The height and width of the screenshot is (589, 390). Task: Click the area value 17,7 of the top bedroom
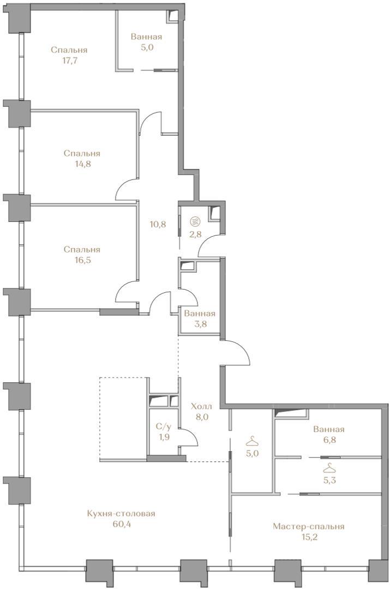70,61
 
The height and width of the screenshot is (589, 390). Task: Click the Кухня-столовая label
121,514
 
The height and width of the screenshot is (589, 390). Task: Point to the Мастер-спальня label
309,526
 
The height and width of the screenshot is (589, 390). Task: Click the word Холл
201,406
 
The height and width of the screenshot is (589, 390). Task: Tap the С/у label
164,426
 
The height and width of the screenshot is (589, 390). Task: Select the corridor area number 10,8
158,224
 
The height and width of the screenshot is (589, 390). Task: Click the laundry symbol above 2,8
195,221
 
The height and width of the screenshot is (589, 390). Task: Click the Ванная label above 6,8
329,429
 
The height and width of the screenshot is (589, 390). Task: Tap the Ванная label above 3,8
200,313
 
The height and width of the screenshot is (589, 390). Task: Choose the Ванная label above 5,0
147,37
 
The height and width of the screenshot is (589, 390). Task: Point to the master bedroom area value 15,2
309,537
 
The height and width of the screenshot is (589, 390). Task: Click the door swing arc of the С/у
193,434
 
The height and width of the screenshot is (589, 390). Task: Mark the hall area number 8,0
201,417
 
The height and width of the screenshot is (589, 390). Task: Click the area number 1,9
164,437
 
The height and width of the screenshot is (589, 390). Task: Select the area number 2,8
195,234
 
